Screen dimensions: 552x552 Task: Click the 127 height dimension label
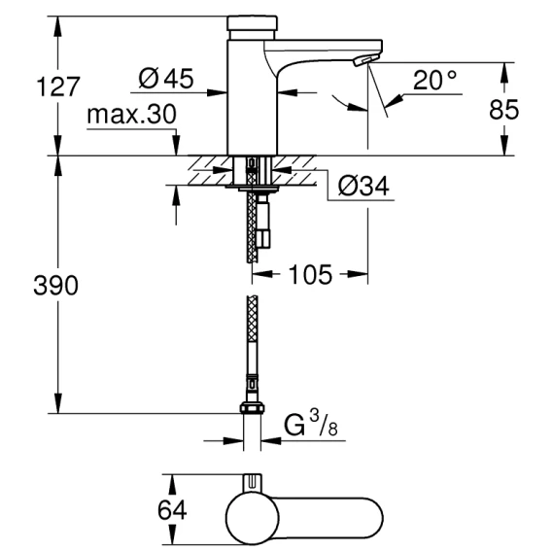click(58, 86)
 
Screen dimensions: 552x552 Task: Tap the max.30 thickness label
click(131, 115)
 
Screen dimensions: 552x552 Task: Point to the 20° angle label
click(435, 81)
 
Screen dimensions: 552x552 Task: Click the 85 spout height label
click(503, 110)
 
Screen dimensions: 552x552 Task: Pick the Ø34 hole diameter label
click(363, 186)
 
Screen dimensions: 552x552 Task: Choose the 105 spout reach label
click(310, 274)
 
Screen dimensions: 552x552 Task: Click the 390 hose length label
click(55, 285)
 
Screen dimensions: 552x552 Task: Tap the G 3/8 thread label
click(311, 424)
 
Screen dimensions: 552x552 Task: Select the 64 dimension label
click(172, 510)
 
